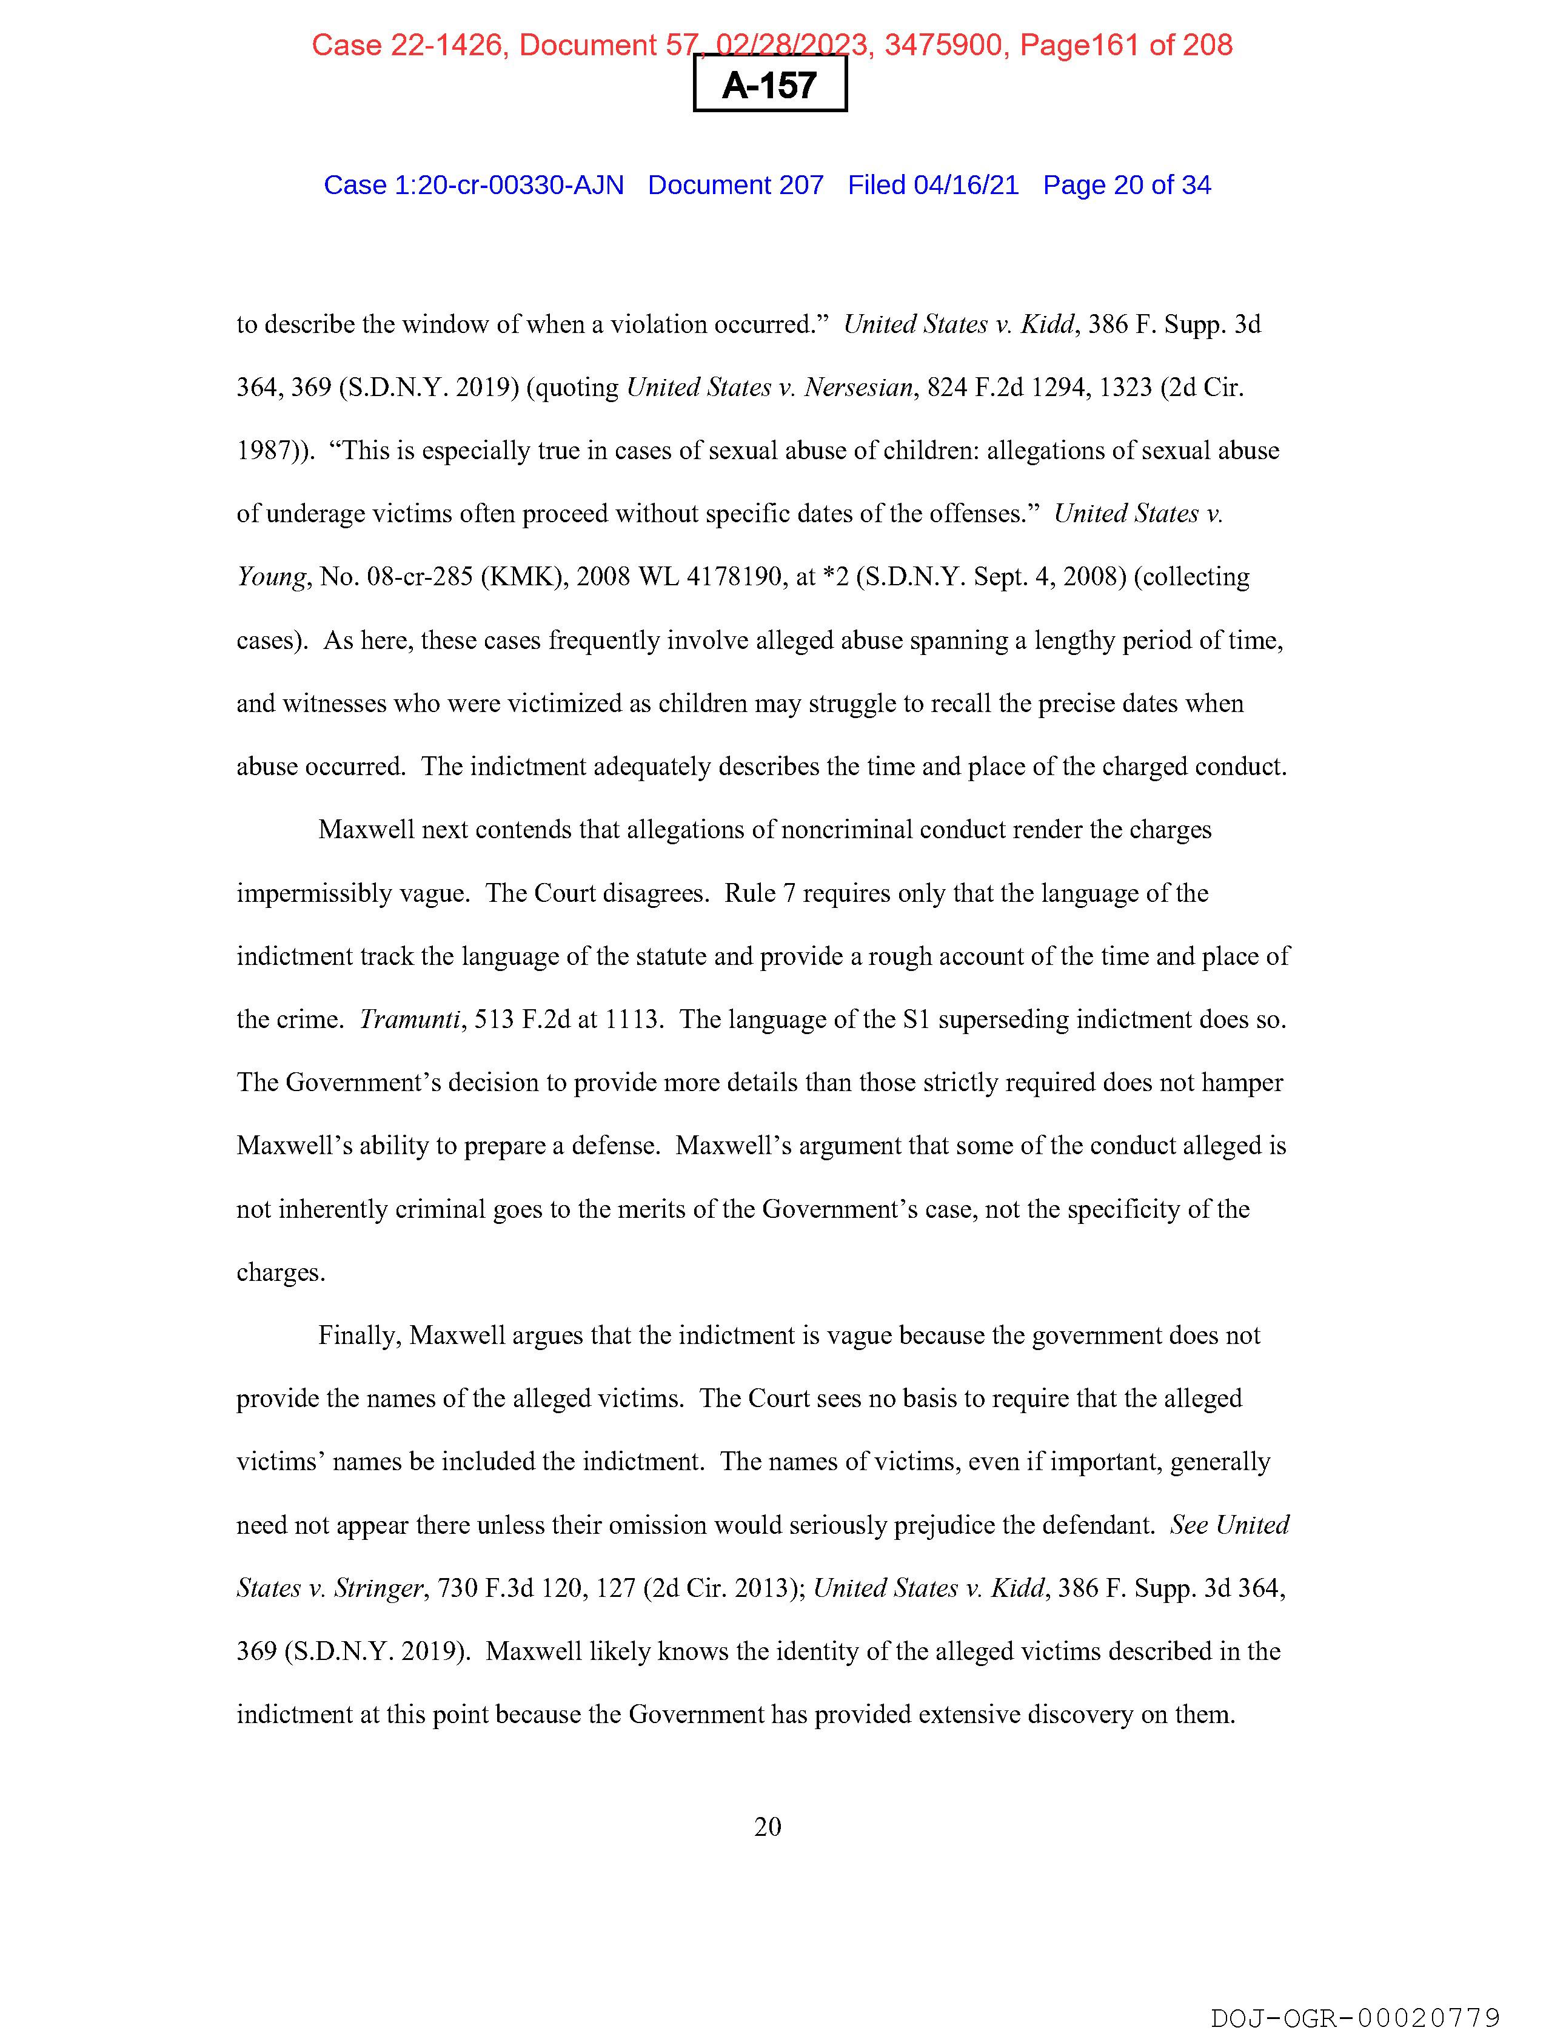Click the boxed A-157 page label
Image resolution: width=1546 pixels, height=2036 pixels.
pos(769,85)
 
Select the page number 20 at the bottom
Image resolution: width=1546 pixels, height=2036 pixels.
pos(768,1826)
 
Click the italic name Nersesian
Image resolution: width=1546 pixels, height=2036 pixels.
pos(858,388)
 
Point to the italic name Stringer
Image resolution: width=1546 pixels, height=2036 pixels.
pos(378,1588)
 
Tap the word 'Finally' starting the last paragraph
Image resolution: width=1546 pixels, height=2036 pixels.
pos(358,1335)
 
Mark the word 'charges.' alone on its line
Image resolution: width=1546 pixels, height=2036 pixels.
pos(281,1273)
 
